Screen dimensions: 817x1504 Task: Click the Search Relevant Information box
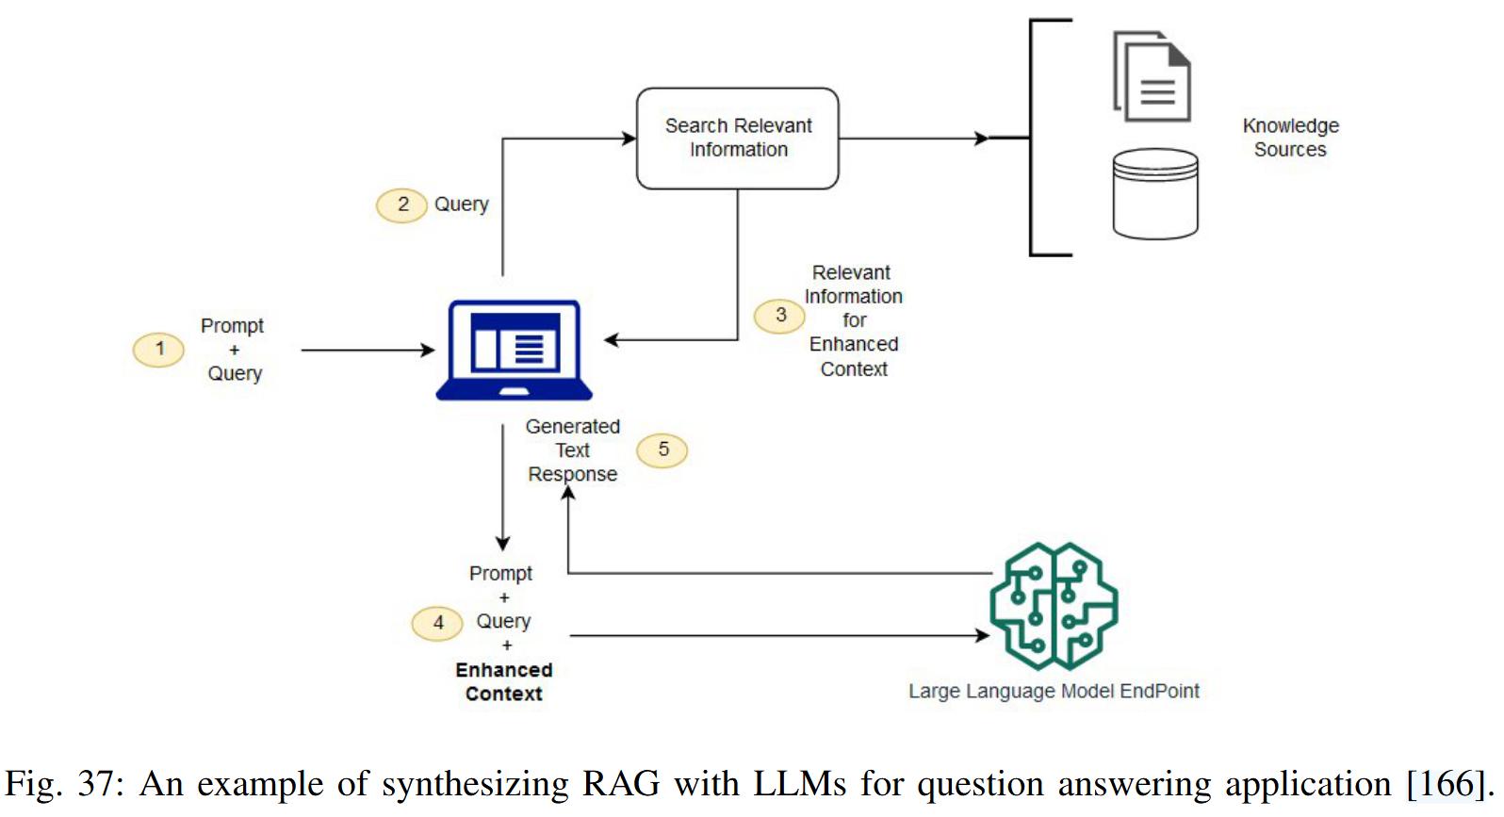click(738, 139)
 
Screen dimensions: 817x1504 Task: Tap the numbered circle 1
click(158, 350)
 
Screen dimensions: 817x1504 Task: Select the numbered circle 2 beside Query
click(401, 204)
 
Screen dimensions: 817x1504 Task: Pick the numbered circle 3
click(779, 316)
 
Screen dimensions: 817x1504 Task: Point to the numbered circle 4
click(437, 623)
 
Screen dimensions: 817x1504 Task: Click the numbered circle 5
click(662, 450)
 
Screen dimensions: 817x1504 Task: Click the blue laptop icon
click(514, 351)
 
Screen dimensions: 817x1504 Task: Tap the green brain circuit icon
click(1054, 606)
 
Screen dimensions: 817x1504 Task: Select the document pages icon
click(1152, 77)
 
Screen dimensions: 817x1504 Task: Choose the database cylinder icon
click(1155, 193)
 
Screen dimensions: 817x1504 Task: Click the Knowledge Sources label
click(1290, 138)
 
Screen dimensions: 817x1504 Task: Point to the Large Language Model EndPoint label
click(1054, 692)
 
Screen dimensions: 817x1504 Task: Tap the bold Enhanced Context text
click(504, 682)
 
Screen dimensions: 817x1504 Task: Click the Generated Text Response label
click(572, 450)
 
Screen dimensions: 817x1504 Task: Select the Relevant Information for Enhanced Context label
click(853, 320)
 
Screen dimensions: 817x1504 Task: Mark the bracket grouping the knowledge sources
click(1033, 138)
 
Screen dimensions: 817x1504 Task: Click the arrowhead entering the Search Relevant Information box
click(629, 139)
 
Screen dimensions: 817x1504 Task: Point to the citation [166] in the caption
click(1447, 784)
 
